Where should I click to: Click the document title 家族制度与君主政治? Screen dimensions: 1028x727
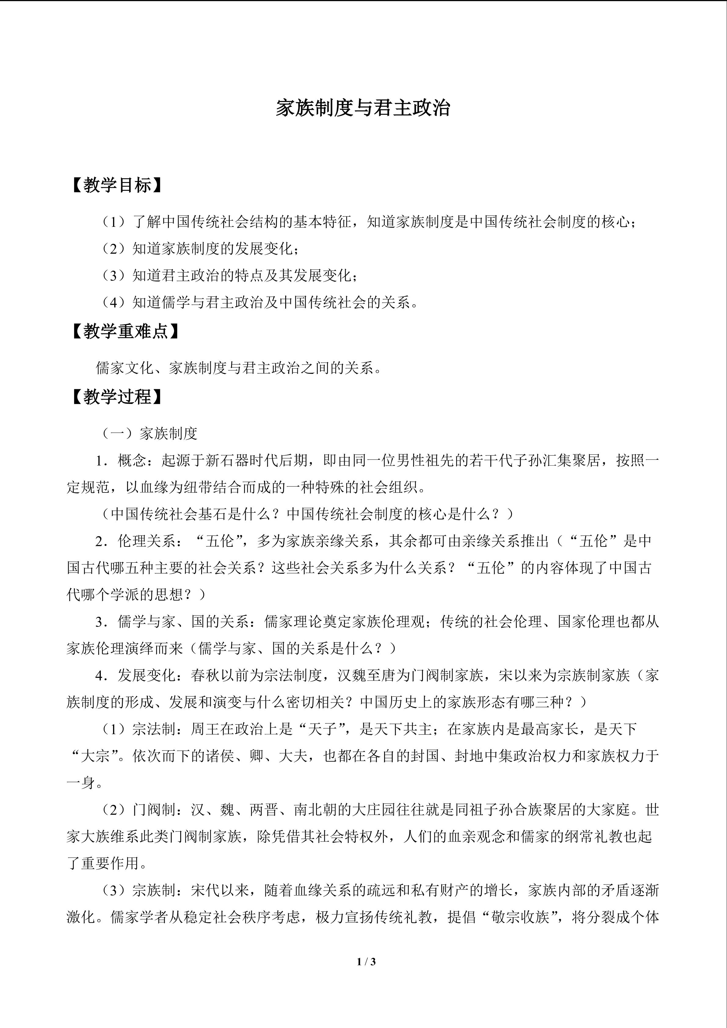[x=363, y=108]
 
